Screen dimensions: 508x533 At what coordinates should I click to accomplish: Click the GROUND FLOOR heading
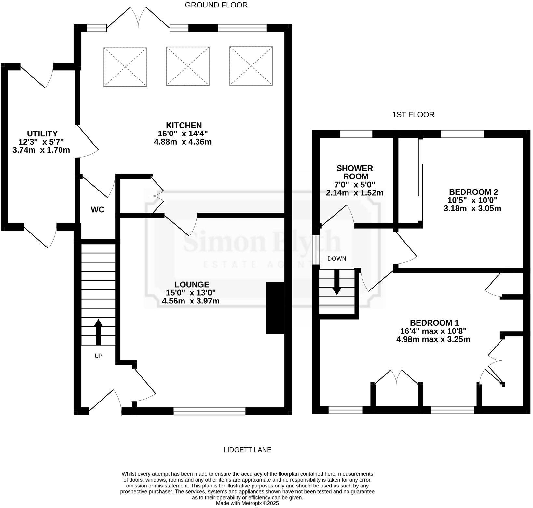point(216,5)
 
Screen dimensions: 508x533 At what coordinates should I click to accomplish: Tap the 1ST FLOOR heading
point(413,115)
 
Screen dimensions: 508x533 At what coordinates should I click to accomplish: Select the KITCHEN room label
point(184,125)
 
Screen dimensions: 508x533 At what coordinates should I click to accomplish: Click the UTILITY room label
point(42,134)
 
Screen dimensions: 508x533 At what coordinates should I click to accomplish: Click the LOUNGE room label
point(192,284)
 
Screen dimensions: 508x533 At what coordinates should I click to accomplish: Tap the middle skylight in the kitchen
point(187,66)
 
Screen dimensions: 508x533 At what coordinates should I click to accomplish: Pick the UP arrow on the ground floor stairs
point(98,332)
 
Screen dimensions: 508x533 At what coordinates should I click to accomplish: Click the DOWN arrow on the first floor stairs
point(336,282)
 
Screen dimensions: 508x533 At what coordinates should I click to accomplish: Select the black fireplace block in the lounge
point(275,308)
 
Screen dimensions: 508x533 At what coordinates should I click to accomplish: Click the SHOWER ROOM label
point(354,172)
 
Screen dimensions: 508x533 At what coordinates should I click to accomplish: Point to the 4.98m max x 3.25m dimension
point(433,339)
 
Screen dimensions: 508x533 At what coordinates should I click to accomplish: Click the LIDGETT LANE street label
point(247,450)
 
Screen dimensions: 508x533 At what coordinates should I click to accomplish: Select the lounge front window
point(209,411)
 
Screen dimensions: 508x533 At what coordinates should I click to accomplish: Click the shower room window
point(356,134)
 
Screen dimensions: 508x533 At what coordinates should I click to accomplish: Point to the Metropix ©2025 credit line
point(247,503)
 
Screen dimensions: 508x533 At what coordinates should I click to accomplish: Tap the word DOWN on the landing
point(336,259)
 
